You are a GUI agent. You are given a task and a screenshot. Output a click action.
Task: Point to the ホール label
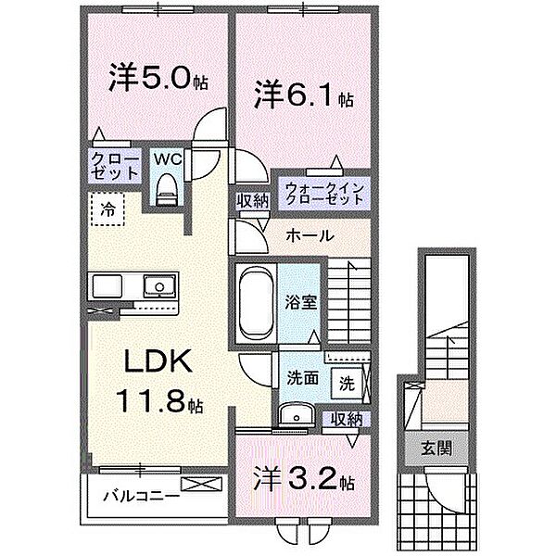(310, 235)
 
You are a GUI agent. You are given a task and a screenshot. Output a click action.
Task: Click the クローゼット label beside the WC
(115, 167)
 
